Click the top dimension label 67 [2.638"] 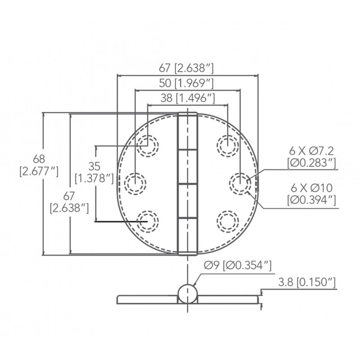coord(186,68)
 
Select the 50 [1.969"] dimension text coord(186,83)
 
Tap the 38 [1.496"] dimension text coord(188,98)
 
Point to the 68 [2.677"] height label coord(39,165)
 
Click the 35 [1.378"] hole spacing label coord(94,172)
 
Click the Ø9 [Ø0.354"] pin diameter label coord(238,265)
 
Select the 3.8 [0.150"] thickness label coord(307,282)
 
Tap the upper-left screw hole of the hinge coord(148,146)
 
